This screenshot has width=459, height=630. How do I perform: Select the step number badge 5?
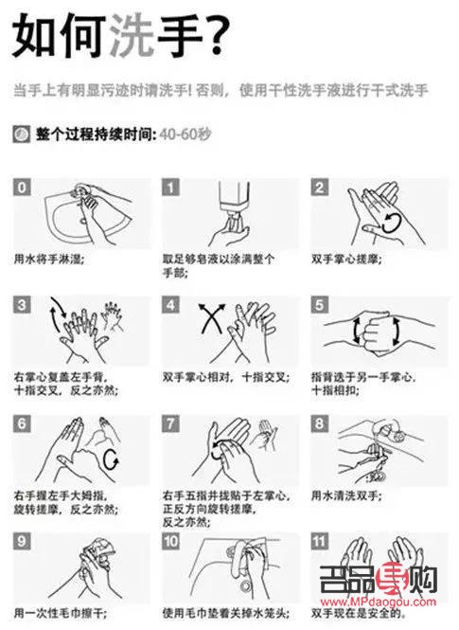pos(321,305)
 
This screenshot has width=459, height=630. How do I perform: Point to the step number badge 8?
pos(321,423)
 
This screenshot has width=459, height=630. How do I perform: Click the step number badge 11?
pos(322,543)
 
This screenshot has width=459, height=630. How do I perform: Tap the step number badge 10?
pos(172,543)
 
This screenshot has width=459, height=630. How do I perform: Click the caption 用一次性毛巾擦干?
pos(60,612)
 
